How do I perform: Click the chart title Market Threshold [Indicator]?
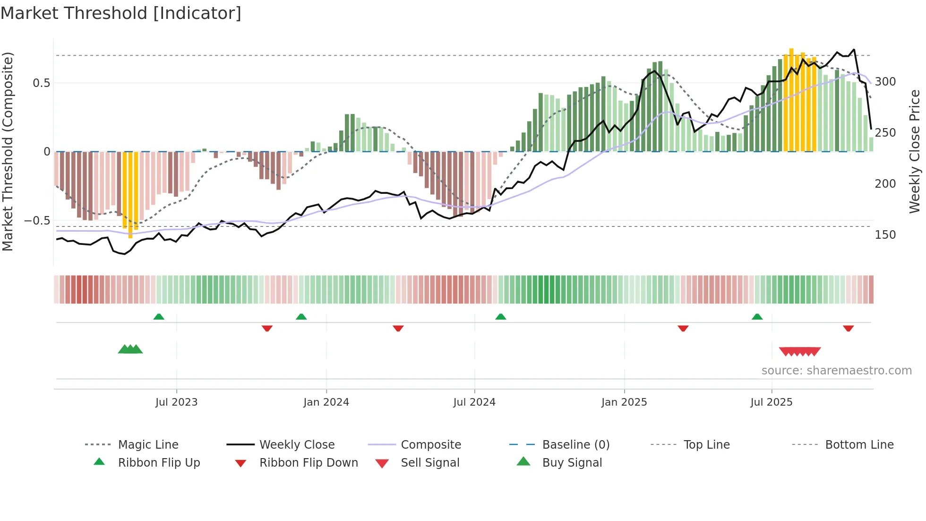pos(121,13)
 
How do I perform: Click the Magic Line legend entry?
pos(148,444)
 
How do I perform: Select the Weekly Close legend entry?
pos(297,444)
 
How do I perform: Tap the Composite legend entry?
pos(430,444)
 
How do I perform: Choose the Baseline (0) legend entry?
pos(575,444)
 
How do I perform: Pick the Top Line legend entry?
pos(706,444)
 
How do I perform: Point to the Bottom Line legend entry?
pos(859,444)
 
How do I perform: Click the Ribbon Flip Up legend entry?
pos(159,462)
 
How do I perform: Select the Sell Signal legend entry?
pos(430,462)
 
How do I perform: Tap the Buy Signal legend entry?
pos(572,462)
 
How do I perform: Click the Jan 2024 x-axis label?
pos(326,402)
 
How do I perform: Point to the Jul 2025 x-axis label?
pos(771,402)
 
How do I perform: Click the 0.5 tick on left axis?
pos(42,83)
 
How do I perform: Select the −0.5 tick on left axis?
pos(37,221)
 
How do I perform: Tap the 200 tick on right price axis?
pos(885,184)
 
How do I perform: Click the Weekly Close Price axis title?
pos(915,151)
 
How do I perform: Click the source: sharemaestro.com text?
pos(836,371)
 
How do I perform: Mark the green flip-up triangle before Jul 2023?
pos(159,317)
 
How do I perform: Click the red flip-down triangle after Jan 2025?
pos(683,328)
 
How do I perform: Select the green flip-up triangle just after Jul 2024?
pos(500,317)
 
